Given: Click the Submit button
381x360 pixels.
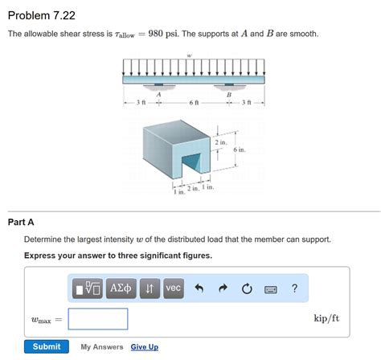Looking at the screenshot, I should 46,346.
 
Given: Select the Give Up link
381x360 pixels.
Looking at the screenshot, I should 145,347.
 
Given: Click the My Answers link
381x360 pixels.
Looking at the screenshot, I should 102,347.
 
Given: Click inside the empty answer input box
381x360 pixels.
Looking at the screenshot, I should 98,319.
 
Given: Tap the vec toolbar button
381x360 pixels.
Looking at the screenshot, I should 174,288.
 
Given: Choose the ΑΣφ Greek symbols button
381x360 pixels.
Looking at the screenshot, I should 122,288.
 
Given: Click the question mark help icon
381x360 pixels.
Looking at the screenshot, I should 294,288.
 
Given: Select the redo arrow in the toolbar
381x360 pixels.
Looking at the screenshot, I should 223,288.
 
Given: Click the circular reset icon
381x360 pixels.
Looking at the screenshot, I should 247,288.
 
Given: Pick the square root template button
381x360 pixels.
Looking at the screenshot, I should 87,288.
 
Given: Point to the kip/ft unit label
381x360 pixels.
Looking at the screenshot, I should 326,318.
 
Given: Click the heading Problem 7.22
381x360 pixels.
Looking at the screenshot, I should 41,15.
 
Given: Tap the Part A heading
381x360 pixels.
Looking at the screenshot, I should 21,222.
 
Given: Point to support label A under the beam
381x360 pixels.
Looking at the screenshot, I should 159,94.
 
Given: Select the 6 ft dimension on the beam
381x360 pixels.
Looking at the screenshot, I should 194,103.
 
